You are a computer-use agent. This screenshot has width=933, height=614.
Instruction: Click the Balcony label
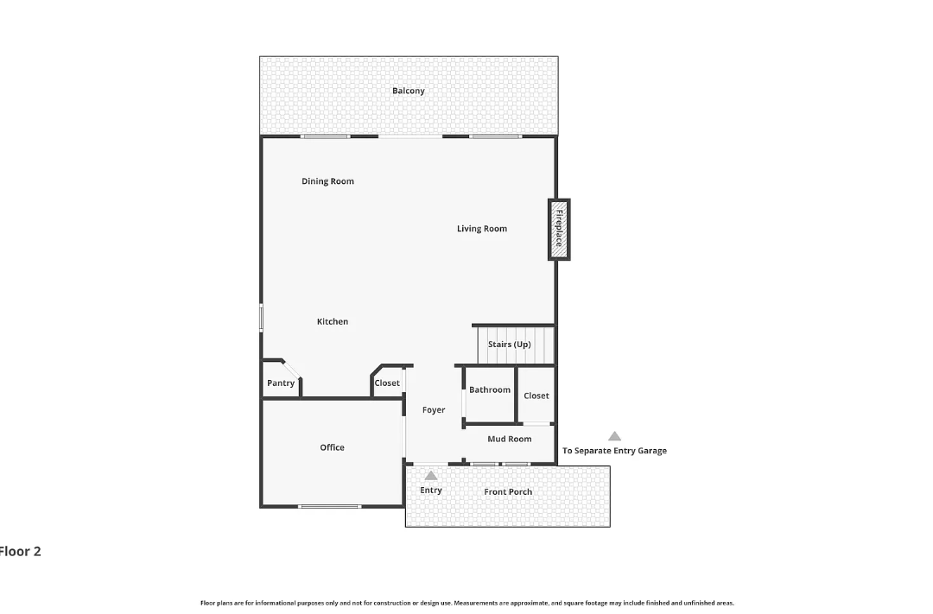point(408,91)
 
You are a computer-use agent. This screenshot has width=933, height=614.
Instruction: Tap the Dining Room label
point(327,181)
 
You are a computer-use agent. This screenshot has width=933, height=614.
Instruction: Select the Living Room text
point(482,229)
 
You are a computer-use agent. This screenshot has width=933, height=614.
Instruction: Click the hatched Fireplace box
point(559,230)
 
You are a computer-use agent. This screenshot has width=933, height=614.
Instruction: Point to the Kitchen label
point(332,322)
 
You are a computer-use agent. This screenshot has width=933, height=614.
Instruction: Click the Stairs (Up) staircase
point(516,345)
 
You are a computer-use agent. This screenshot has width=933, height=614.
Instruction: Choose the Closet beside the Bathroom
point(536,395)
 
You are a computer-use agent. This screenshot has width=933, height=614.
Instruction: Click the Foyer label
point(434,410)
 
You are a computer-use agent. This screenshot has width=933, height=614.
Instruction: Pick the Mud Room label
point(510,439)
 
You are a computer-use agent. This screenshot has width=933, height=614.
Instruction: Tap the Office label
point(332,447)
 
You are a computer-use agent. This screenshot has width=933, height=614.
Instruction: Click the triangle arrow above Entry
point(431,476)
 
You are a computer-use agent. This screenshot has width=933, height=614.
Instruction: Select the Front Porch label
point(508,492)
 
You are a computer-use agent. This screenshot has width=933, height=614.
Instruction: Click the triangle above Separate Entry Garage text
point(615,436)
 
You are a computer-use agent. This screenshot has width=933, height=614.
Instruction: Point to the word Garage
point(652,451)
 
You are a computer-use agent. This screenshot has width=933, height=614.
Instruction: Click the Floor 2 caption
point(20,552)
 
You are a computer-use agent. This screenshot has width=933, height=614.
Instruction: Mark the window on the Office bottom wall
point(330,507)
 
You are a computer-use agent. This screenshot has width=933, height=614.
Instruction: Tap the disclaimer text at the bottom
point(467,604)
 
